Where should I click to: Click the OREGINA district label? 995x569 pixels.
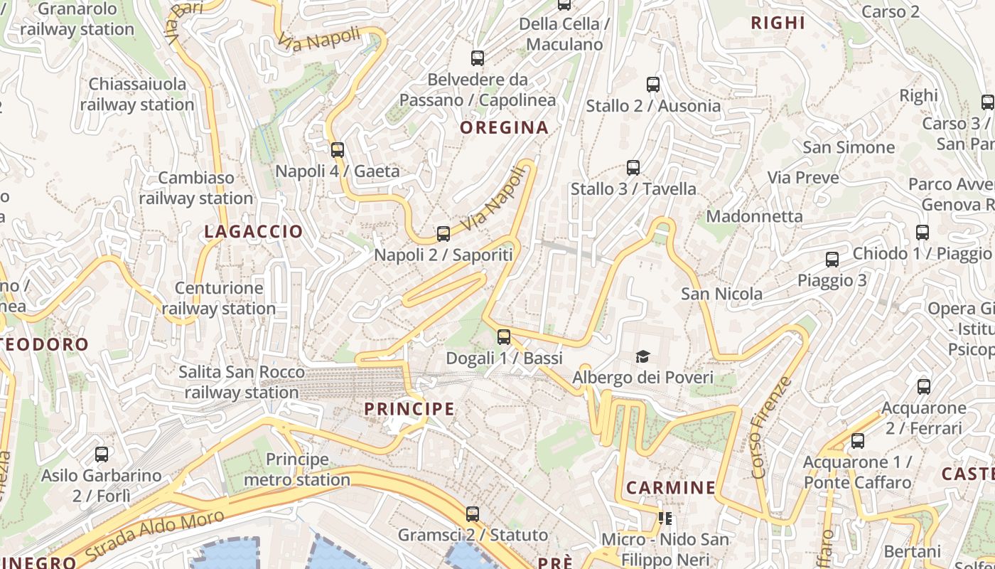504,128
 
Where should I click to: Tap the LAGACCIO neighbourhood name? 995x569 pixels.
254,232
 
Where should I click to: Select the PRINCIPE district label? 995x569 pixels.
409,409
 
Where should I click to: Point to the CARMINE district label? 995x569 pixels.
671,488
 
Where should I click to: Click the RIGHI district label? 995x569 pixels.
778,23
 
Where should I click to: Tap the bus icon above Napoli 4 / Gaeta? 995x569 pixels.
338,150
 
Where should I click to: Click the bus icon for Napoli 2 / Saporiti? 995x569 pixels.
443,233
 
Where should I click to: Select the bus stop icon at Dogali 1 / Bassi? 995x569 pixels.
504,337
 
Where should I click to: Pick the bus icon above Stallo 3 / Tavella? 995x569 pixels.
633,168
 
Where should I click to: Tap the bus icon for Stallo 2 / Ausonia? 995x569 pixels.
653,85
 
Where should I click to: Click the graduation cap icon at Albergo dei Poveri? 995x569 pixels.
642,356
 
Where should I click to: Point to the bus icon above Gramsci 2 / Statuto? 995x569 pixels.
473,514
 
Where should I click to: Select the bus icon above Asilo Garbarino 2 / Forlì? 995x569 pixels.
102,454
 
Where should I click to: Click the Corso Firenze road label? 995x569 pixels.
771,427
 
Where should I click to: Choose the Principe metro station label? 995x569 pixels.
297,469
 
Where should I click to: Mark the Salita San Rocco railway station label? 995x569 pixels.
242,382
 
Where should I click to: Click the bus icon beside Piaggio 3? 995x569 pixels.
832,260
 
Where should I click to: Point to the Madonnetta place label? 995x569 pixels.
754,216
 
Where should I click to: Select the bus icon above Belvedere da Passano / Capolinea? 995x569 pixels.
478,58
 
